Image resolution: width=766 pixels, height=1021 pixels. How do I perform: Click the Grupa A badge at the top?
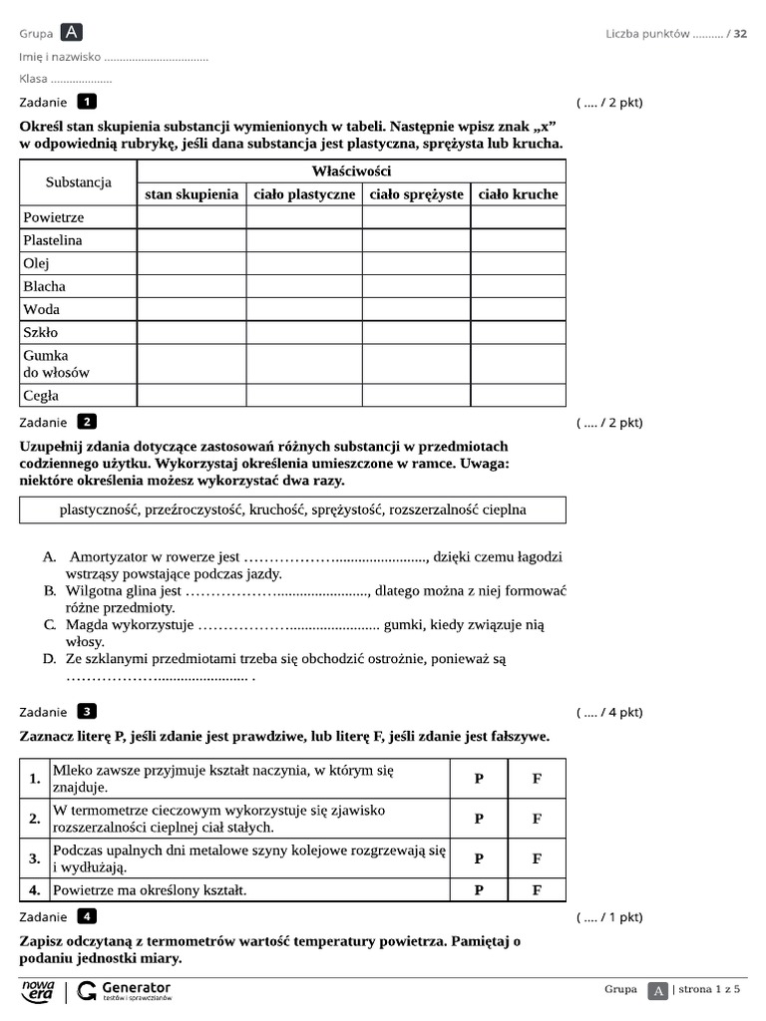tap(72, 33)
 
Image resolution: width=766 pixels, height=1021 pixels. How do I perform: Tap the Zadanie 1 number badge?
tap(88, 102)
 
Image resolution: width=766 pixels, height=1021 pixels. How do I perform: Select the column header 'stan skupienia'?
tap(191, 194)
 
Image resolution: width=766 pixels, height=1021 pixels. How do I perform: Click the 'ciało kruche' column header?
tap(518, 194)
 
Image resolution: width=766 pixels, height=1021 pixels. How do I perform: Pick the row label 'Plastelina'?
tap(53, 240)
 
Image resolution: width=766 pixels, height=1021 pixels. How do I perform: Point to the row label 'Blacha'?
tap(45, 286)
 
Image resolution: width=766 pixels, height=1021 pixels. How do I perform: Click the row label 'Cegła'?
tap(42, 396)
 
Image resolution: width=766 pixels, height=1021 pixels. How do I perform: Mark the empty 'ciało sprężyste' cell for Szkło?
tap(416, 333)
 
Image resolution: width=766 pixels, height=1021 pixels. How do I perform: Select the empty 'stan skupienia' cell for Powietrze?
tap(191, 217)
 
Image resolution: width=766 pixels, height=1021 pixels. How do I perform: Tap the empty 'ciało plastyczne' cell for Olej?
tap(304, 263)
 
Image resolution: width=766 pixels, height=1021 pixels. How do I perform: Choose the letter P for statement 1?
tap(479, 779)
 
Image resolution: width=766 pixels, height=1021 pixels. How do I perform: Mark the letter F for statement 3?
tap(537, 858)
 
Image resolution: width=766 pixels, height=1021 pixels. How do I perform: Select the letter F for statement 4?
tap(537, 890)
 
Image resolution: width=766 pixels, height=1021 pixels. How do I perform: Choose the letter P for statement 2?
tap(479, 819)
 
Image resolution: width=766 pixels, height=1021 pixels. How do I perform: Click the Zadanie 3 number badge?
tap(88, 712)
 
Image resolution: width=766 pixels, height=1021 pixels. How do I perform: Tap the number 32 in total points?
tap(740, 34)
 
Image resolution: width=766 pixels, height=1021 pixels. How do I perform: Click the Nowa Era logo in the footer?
tap(38, 990)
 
